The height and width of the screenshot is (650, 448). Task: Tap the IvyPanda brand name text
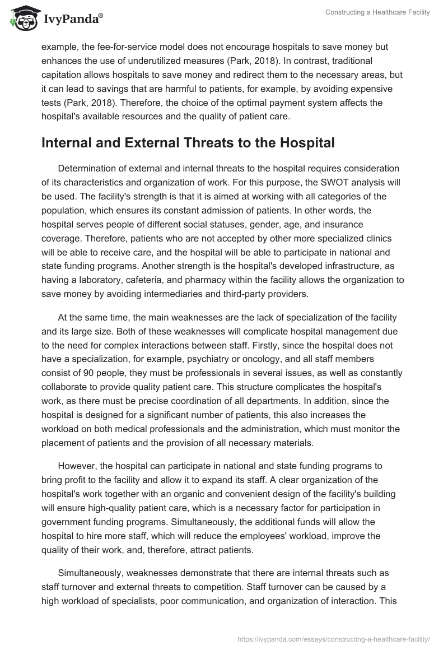[x=72, y=20]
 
